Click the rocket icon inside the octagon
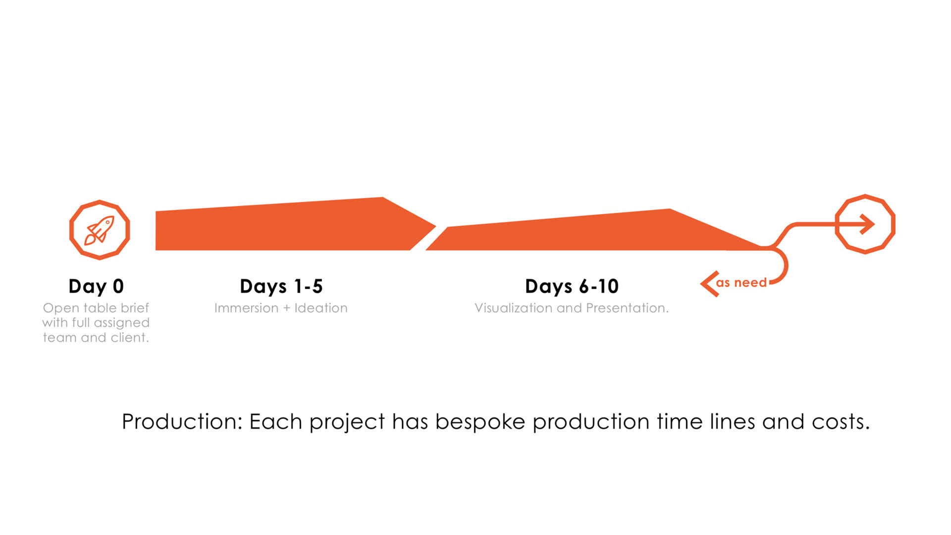(99, 230)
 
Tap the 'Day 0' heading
(96, 286)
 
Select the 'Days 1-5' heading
(281, 286)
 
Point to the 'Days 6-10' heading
(572, 286)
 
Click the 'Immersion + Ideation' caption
(281, 308)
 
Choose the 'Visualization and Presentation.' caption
(572, 308)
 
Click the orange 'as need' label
(741, 283)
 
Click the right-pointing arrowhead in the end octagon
(867, 224)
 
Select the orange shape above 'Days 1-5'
(287, 225)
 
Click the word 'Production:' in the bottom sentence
(182, 422)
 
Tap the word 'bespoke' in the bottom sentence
(480, 422)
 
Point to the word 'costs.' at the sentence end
(841, 422)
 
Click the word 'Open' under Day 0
(61, 309)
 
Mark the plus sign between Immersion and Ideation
(286, 309)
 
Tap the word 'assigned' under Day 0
(121, 323)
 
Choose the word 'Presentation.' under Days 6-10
(628, 308)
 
